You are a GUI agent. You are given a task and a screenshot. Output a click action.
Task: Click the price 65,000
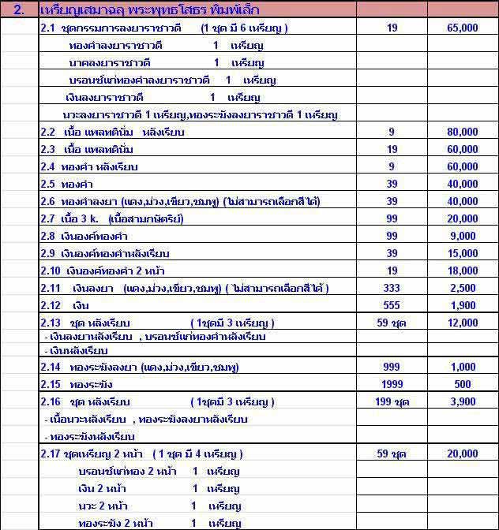tap(463, 28)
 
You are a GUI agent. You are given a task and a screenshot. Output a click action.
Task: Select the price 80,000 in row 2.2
tap(463, 131)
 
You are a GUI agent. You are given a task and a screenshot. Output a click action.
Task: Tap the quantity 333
tap(392, 289)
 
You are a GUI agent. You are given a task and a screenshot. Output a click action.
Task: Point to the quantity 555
tap(392, 306)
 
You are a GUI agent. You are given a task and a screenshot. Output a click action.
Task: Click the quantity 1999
tap(392, 384)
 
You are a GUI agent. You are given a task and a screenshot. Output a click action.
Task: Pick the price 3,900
tap(463, 402)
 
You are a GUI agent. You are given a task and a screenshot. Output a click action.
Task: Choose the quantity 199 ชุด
tap(392, 402)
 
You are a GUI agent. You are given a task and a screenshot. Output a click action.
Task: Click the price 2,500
tap(463, 289)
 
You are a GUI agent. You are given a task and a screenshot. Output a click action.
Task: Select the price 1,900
tap(463, 306)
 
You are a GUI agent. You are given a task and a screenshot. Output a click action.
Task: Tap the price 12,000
tap(463, 323)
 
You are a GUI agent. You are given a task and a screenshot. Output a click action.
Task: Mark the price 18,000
tap(463, 271)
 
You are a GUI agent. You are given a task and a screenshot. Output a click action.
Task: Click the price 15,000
tap(463, 253)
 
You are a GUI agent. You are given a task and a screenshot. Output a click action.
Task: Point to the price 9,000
tap(463, 236)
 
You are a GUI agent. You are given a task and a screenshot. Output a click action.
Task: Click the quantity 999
tap(392, 367)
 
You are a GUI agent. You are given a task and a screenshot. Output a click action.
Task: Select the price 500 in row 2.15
tap(463, 384)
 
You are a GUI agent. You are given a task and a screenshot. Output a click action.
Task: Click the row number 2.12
tap(51, 306)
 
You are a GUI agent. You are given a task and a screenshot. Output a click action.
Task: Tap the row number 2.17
tap(51, 454)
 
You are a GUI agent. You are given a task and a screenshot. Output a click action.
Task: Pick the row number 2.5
tap(49, 184)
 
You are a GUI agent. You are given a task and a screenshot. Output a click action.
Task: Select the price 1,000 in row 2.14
tap(463, 367)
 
